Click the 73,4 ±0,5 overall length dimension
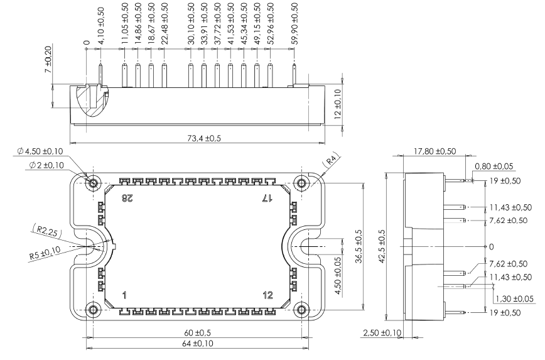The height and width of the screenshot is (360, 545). click(x=204, y=138)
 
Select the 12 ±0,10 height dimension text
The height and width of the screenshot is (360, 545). click(x=338, y=104)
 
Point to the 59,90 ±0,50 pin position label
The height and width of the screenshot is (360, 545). click(x=294, y=24)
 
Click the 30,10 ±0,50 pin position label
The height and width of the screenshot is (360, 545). click(x=191, y=24)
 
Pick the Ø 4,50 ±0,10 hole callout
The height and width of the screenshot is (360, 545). click(x=40, y=151)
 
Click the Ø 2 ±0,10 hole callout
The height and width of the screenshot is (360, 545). click(x=46, y=165)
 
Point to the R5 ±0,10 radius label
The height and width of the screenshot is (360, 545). click(x=45, y=253)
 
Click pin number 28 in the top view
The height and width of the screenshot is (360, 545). click(x=127, y=199)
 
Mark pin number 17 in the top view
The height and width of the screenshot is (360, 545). click(x=267, y=199)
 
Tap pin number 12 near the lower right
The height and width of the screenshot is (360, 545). click(x=267, y=295)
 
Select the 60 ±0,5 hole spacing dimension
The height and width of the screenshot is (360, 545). click(x=197, y=333)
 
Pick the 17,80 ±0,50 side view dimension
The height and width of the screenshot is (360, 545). click(x=435, y=151)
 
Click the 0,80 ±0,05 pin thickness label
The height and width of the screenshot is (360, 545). click(x=494, y=166)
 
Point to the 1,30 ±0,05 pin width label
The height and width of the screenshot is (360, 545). click(x=514, y=299)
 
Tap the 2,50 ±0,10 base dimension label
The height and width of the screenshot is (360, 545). click(x=382, y=333)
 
